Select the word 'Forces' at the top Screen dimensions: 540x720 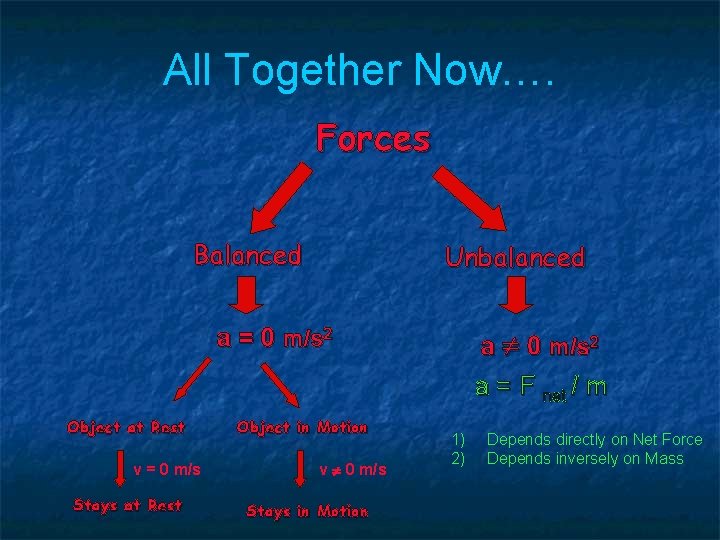tap(373, 138)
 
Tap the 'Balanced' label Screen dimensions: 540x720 tap(247, 255)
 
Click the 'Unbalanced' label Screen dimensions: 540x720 tap(514, 257)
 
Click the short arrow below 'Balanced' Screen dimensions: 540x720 tap(248, 294)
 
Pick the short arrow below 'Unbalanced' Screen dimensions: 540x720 tap(516, 294)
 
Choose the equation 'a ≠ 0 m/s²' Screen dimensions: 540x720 tap(539, 347)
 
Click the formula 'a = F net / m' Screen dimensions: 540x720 tap(540, 388)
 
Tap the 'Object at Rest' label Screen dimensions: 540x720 tap(126, 428)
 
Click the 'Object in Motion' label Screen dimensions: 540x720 tap(302, 428)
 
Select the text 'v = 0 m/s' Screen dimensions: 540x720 tap(166, 469)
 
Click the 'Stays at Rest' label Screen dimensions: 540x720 tap(127, 505)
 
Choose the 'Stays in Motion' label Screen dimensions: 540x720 tap(307, 511)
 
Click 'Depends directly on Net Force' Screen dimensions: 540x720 tap(594, 440)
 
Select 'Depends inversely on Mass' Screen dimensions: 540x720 tap(585, 458)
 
